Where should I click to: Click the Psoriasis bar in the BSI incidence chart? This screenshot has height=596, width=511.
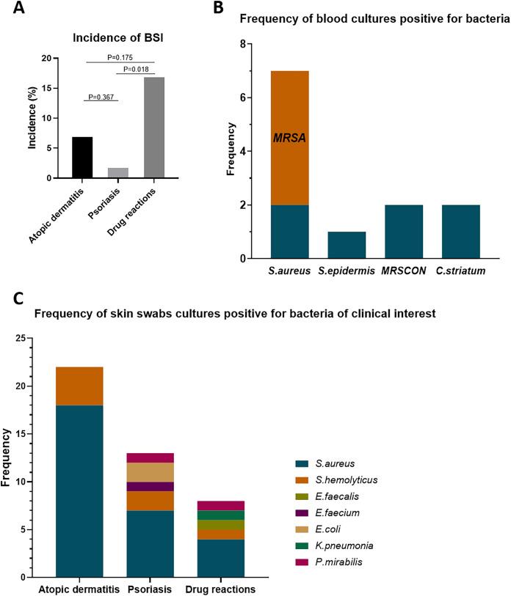coord(118,173)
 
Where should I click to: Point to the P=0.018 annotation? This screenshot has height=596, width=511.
coord(135,70)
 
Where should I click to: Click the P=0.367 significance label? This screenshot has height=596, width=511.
coord(101,96)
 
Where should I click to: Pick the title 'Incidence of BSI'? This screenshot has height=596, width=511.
coord(117,39)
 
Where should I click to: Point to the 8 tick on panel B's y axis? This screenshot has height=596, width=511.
coord(244,44)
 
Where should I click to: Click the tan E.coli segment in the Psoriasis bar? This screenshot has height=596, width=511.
coord(151,472)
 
